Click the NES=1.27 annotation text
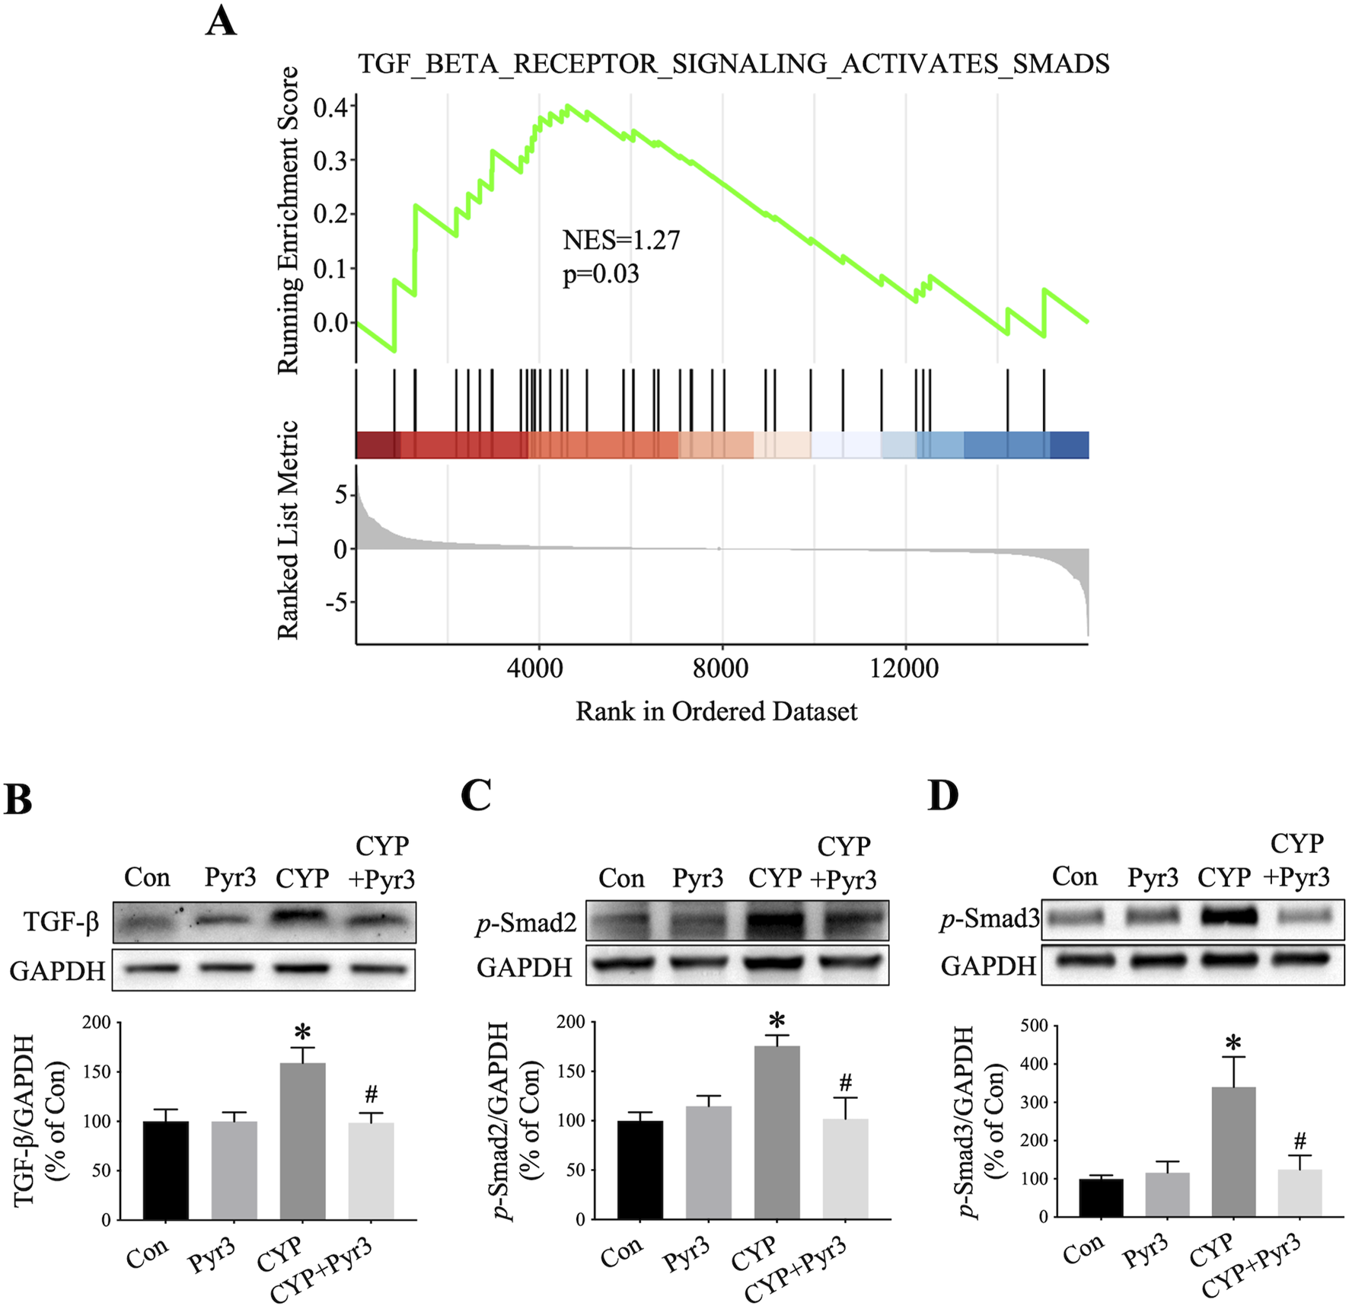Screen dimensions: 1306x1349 pyautogui.click(x=621, y=240)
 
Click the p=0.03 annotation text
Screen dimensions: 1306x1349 pyautogui.click(x=601, y=273)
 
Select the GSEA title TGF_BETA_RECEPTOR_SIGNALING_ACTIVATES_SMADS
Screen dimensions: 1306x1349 pyautogui.click(x=733, y=63)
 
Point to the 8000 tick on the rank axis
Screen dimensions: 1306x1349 pyautogui.click(x=720, y=668)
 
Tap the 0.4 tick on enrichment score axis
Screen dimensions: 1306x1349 pyautogui.click(x=330, y=107)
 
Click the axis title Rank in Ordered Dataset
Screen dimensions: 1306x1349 pyautogui.click(x=716, y=711)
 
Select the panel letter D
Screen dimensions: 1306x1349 pyautogui.click(x=943, y=796)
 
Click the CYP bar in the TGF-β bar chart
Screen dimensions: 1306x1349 pyautogui.click(x=302, y=1141)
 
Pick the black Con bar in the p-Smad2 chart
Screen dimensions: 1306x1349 pyautogui.click(x=639, y=1169)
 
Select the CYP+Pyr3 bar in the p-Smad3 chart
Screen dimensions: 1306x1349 pyautogui.click(x=1300, y=1193)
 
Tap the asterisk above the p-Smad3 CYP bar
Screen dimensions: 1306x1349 pyautogui.click(x=1233, y=1043)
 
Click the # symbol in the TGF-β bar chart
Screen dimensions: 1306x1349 pyautogui.click(x=371, y=1095)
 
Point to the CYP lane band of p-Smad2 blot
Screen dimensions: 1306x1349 pyautogui.click(x=776, y=922)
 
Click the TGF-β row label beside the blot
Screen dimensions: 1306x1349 pyautogui.click(x=62, y=922)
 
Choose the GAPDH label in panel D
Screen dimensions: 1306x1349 pyautogui.click(x=988, y=966)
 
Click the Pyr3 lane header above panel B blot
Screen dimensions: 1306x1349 pyautogui.click(x=230, y=877)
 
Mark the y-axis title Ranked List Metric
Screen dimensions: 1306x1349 pyautogui.click(x=288, y=530)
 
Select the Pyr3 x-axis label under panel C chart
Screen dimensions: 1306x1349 pyautogui.click(x=686, y=1253)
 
